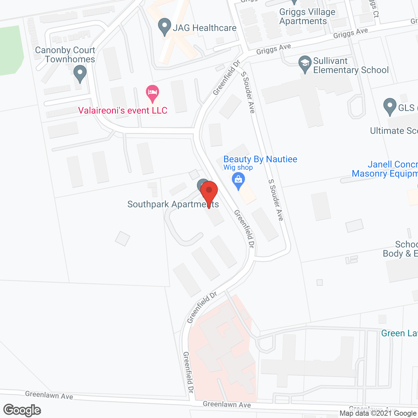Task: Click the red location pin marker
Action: (209, 193)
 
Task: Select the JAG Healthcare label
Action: (204, 28)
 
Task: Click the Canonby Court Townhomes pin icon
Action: (80, 73)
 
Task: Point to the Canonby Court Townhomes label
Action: (65, 55)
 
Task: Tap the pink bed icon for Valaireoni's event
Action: (153, 93)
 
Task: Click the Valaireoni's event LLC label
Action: (123, 111)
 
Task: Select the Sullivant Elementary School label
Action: (351, 66)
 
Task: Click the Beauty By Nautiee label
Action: (260, 159)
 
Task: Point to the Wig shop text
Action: (238, 168)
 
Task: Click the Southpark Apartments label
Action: (173, 204)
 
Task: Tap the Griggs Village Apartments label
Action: (307, 17)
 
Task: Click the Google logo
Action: (22, 410)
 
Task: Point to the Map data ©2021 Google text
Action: (378, 413)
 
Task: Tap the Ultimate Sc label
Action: (394, 131)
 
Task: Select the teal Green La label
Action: (399, 333)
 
